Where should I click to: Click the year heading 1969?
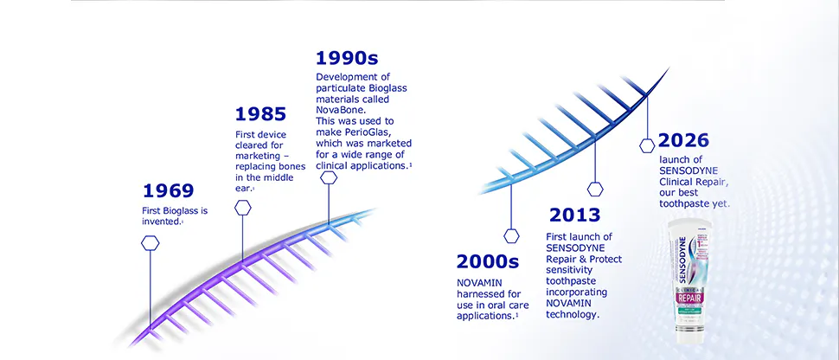[168, 191]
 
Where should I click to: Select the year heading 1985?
[260, 113]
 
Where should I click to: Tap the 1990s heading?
[347, 59]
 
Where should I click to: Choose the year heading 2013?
[574, 215]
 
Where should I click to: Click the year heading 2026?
[683, 140]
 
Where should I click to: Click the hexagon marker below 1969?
[151, 243]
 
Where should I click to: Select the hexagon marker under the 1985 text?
[243, 208]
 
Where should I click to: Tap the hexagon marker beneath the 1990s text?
[329, 177]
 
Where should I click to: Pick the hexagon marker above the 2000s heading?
[511, 235]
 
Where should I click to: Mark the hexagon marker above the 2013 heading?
[594, 188]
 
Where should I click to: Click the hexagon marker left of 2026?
[646, 146]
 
